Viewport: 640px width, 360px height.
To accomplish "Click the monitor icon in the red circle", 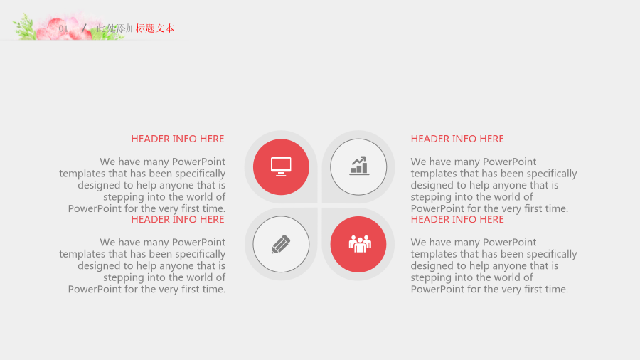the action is (281, 166).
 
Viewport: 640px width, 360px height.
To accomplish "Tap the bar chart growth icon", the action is (359, 166).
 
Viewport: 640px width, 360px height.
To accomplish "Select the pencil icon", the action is (281, 244).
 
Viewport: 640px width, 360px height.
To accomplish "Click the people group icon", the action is (360, 244).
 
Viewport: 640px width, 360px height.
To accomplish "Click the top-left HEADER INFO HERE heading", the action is (178, 139).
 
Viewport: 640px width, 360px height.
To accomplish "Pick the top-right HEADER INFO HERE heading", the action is (457, 139).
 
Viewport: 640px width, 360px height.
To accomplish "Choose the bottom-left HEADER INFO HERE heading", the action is (178, 220).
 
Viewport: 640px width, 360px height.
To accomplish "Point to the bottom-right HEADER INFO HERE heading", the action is (457, 220).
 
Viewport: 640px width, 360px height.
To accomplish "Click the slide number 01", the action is (63, 28).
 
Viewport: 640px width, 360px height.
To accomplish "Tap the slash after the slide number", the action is (84, 28).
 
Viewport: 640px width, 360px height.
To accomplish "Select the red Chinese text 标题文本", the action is (155, 28).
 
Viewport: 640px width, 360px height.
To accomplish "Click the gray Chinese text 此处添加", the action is (116, 28).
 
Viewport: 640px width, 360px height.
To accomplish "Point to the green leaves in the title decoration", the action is (24, 27).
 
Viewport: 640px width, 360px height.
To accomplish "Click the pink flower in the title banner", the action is (65, 28).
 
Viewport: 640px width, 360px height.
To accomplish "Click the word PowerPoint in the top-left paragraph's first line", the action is (199, 162).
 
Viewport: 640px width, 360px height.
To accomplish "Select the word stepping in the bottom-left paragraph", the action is (123, 278).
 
